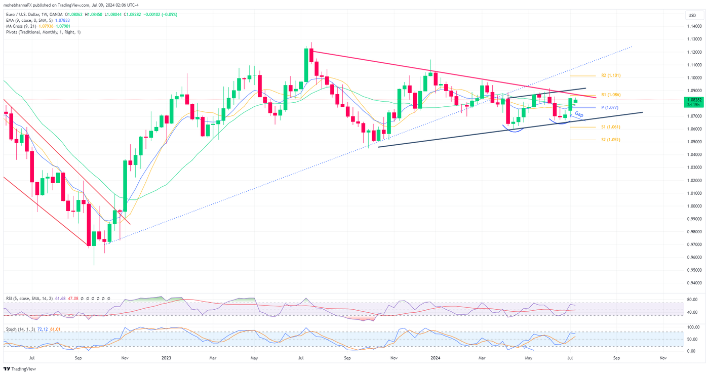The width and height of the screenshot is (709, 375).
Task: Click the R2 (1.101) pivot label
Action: (x=611, y=75)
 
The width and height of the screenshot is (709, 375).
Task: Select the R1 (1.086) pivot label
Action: (x=611, y=95)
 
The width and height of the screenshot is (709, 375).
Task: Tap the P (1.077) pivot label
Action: (x=609, y=108)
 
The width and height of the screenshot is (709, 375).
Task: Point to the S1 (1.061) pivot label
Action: (x=611, y=127)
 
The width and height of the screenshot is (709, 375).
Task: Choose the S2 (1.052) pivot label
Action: (x=611, y=140)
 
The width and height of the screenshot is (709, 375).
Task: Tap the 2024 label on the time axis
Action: (x=435, y=358)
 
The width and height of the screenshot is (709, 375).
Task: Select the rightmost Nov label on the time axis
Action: (x=663, y=358)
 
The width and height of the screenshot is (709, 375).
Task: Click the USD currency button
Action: (x=692, y=15)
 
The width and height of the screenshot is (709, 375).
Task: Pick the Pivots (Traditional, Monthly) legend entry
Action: (x=43, y=32)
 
